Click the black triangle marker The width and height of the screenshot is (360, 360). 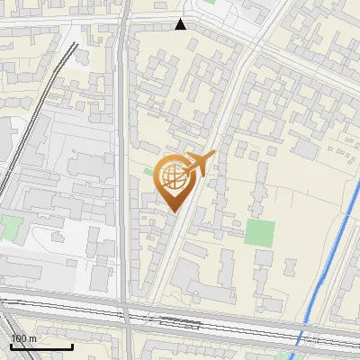(181, 24)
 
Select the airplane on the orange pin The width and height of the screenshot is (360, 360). (199, 163)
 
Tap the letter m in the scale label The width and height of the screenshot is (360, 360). (33, 338)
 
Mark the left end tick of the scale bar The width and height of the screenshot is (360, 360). (11, 345)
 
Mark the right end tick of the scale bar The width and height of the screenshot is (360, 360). (73, 345)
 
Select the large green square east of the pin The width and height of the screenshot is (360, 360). (259, 232)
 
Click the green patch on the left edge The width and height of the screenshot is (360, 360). (9, 227)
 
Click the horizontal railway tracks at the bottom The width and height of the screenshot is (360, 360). (180, 320)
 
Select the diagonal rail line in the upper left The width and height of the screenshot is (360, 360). (36, 117)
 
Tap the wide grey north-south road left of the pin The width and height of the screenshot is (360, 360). (121, 180)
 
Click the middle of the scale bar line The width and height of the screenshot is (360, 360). (41, 346)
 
